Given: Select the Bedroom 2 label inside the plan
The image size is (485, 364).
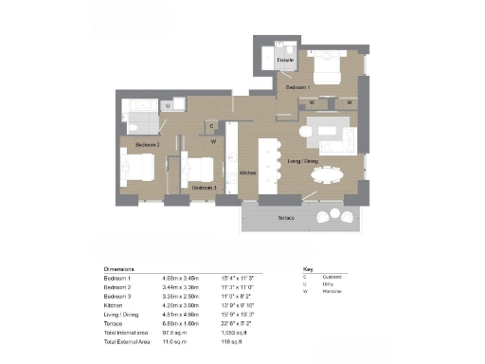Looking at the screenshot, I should [147, 144].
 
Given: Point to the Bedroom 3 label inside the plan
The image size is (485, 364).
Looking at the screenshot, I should [204, 188].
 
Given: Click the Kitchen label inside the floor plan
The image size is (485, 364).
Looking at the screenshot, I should [248, 173].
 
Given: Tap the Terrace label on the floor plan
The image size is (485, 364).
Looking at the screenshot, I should [285, 218].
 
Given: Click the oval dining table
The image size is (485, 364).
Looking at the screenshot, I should [328, 173].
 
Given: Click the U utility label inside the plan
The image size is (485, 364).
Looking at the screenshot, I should [168, 107].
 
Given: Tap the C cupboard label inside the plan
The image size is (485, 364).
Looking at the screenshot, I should [212, 125].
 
